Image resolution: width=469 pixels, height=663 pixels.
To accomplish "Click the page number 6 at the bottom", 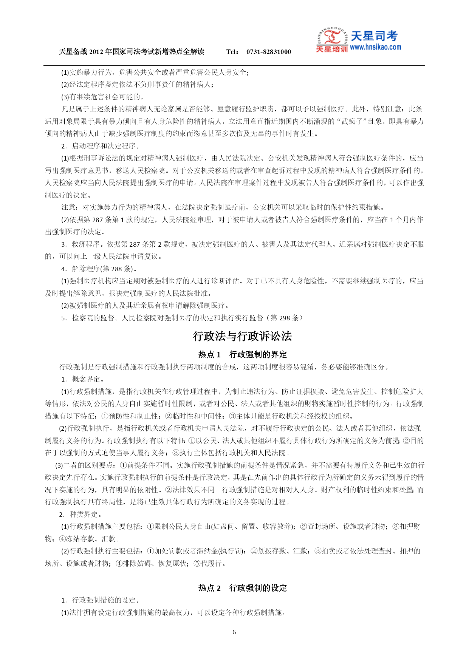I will pos(234,632).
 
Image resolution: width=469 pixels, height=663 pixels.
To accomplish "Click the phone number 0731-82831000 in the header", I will pos(268,52).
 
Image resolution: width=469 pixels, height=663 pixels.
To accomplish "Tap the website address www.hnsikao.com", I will pos(375,47).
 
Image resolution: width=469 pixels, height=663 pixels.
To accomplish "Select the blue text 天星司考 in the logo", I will pos(374,36).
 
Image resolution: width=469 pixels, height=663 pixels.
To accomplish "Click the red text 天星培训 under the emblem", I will pos(331,49).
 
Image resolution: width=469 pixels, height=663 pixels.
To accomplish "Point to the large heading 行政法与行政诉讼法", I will pos(242,336).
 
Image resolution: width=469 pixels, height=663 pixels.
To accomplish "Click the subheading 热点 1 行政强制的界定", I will pos(242,354).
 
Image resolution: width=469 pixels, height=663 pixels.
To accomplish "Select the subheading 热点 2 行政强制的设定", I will pos(242,588).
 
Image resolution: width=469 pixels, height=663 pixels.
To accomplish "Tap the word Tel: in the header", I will pos(232,52).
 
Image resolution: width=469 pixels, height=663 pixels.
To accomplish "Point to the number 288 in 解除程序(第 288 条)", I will pos(116,269).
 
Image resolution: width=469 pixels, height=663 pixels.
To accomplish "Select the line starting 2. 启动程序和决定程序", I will pos(101,146).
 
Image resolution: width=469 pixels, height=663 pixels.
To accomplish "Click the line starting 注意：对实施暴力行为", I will pos(223,207).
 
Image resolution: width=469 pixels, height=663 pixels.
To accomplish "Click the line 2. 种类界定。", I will pos(80,515).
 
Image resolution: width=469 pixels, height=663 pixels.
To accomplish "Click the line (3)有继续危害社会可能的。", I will pos(102,97).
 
